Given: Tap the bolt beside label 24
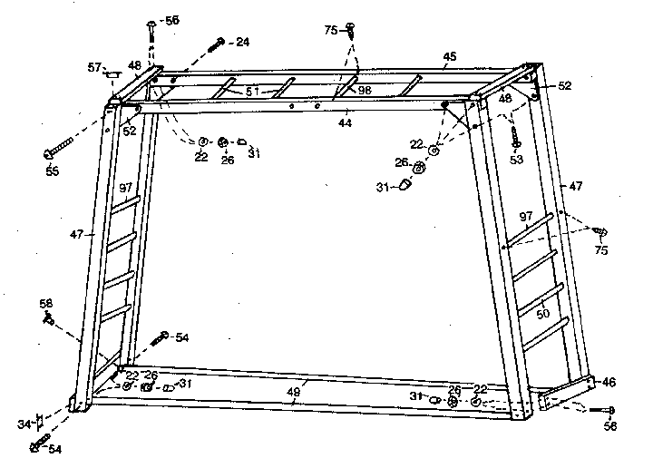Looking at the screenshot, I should pos(216,44).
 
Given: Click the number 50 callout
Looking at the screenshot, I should pos(543,314).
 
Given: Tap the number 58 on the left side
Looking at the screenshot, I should pos(45,302).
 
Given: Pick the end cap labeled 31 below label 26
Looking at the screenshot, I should pos(405,186).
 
